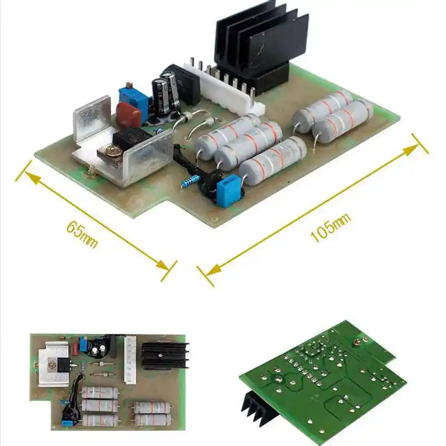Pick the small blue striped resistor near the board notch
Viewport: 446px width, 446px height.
click(192, 181)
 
